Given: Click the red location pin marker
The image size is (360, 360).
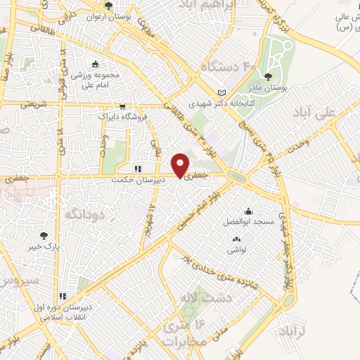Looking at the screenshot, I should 181,165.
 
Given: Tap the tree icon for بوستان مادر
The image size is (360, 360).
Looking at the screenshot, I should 268,76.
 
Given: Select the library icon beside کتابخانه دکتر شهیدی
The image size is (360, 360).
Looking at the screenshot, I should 223,94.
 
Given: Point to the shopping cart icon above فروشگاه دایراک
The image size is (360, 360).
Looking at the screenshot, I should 122,107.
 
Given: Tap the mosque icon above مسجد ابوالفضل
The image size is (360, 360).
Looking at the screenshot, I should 247,211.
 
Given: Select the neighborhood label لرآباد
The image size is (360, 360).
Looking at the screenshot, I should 294,330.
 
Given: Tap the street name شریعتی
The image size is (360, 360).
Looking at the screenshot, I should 30,105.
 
